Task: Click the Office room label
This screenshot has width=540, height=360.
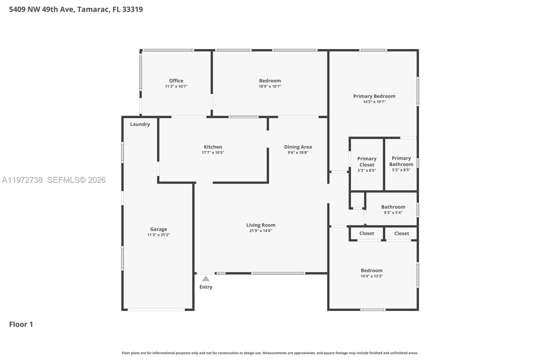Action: click(176, 81)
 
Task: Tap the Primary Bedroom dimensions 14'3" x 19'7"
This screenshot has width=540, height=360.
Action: click(374, 102)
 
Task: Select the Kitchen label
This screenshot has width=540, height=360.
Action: click(213, 147)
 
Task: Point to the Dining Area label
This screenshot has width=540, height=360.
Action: click(298, 147)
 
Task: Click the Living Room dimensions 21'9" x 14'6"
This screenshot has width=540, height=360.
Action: click(261, 231)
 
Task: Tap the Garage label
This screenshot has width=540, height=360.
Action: click(158, 229)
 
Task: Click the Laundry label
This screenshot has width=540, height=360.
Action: click(140, 124)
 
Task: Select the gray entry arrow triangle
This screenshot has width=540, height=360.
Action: click(206, 279)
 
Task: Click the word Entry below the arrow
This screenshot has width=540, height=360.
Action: click(206, 287)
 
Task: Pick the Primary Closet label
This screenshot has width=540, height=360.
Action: click(367, 162)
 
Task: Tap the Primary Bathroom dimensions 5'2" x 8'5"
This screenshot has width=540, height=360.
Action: click(401, 170)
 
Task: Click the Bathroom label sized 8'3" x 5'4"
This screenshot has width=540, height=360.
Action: click(393, 207)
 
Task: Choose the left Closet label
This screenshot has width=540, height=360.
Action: click(367, 233)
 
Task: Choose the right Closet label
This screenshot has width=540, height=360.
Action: click(401, 233)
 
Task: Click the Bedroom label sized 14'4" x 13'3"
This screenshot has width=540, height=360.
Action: click(371, 271)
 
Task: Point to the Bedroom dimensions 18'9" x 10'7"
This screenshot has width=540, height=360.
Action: click(270, 86)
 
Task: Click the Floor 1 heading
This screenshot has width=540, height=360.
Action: click(21, 324)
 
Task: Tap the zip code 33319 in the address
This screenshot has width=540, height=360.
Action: click(132, 9)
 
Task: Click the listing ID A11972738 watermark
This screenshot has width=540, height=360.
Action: click(22, 180)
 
